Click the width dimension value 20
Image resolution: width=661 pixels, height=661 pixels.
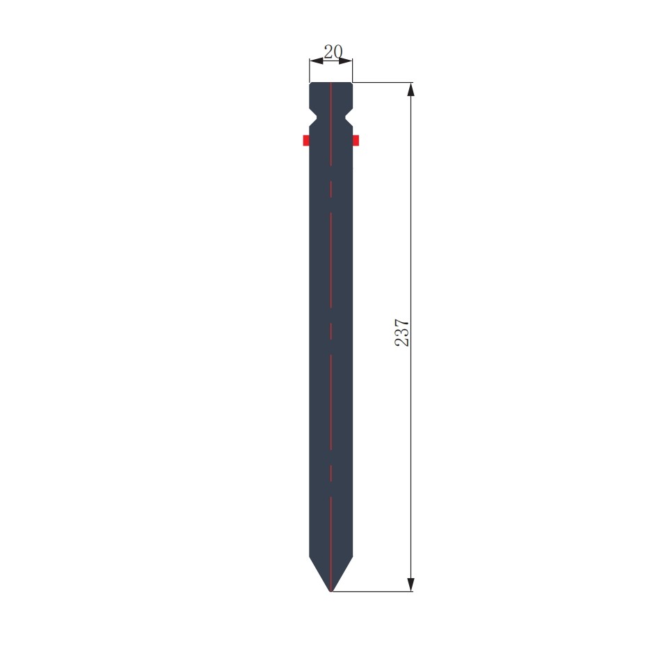pyautogui.click(x=333, y=51)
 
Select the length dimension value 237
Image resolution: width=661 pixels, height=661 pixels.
pyautogui.click(x=401, y=333)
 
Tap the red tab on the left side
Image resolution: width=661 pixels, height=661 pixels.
pyautogui.click(x=306, y=141)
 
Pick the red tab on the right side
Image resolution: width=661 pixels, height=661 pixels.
pyautogui.click(x=356, y=140)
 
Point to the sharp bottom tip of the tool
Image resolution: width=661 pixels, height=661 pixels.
pyautogui.click(x=331, y=591)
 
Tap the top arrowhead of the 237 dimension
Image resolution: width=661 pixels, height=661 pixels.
pyautogui.click(x=411, y=89)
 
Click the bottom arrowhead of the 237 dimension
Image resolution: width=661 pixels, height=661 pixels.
pyautogui.click(x=411, y=584)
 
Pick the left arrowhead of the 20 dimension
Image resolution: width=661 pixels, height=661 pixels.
pyautogui.click(x=316, y=61)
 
